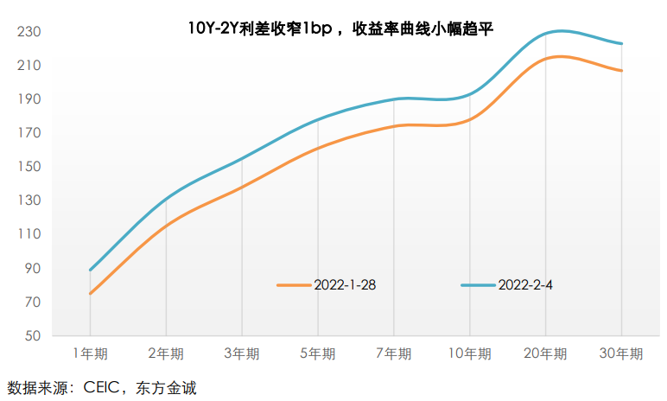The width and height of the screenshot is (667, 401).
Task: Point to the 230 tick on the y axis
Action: tap(29, 32)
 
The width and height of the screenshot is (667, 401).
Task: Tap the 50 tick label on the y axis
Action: tap(33, 336)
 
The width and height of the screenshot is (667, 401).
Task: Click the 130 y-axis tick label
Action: tap(29, 200)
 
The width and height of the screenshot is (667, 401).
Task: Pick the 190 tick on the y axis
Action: tap(29, 99)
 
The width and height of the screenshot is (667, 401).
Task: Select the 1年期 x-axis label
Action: tap(90, 354)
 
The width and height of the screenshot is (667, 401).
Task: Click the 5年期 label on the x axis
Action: tap(318, 354)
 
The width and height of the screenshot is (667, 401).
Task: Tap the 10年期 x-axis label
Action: tap(469, 354)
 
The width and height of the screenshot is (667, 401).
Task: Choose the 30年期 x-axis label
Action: tap(621, 354)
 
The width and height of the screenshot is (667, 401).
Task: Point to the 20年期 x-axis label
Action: tap(545, 354)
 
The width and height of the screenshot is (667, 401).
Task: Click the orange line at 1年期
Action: tap(90, 294)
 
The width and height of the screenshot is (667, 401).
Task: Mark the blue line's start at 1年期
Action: tap(90, 271)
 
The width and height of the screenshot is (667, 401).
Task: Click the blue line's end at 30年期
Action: tap(621, 43)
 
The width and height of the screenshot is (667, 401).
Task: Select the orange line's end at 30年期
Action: tap(621, 71)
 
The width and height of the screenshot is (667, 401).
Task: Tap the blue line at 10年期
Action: tap(469, 93)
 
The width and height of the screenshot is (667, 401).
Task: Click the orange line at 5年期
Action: tap(318, 147)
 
